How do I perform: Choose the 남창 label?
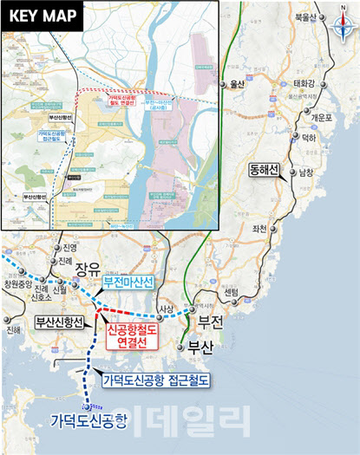(306, 172)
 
